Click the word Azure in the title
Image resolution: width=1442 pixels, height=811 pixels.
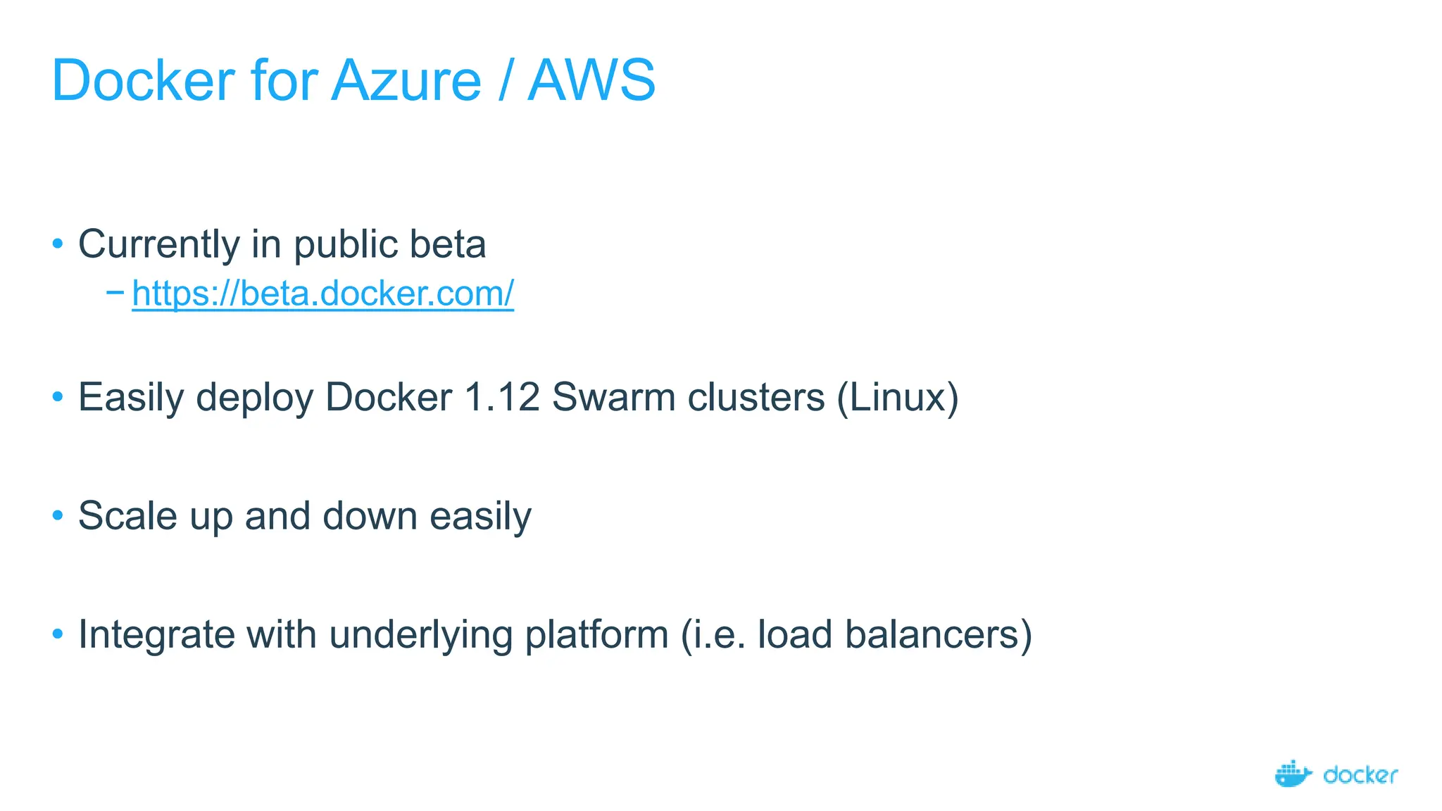point(406,81)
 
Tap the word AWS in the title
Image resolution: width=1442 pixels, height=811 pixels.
point(591,81)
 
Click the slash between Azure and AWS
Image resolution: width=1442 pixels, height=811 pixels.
point(504,81)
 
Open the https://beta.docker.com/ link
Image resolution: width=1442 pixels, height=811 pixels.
point(322,294)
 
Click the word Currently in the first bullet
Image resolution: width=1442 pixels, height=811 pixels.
point(159,245)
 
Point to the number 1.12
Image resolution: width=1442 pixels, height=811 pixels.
point(502,397)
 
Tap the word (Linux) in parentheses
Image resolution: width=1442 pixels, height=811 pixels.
point(898,397)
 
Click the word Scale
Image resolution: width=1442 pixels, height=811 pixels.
point(127,516)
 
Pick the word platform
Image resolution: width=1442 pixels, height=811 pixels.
point(596,634)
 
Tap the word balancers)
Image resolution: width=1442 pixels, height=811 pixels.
point(939,634)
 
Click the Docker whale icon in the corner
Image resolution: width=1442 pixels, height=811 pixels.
point(1293,774)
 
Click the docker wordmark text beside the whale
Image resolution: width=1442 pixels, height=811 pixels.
point(1360,775)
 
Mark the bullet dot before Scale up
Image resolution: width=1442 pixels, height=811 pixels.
point(58,516)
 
